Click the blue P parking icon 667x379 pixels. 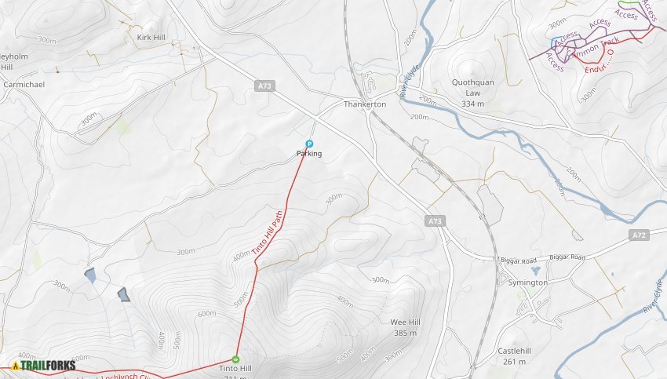[309, 144]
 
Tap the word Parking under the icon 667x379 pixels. [309, 154]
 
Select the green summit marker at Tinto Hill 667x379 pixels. [235, 359]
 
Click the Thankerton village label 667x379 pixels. [365, 104]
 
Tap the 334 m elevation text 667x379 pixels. [472, 104]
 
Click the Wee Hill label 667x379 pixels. [405, 323]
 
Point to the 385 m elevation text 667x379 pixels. [405, 333]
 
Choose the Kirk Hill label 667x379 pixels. [150, 37]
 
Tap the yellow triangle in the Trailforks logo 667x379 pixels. [15, 365]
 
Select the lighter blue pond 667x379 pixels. [90, 275]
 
